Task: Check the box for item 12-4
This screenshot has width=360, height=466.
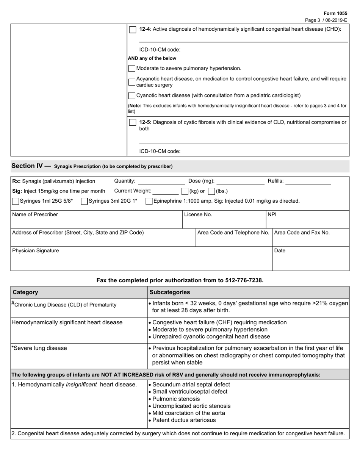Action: [x=133, y=30]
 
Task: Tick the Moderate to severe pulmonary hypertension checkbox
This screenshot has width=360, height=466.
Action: [x=132, y=69]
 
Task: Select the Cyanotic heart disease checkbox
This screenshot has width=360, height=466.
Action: [x=132, y=95]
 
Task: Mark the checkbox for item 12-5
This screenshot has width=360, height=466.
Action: [x=133, y=122]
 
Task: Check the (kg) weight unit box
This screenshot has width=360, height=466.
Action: [x=185, y=191]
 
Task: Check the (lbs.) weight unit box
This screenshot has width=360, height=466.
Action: [x=211, y=191]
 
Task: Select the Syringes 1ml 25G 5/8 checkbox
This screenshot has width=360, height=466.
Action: [x=16, y=201]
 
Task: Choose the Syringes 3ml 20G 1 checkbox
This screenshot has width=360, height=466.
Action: [x=84, y=201]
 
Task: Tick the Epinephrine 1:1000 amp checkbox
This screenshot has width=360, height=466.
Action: [x=149, y=201]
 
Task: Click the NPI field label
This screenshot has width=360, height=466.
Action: [x=272, y=214]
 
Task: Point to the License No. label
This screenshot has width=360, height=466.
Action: [x=198, y=214]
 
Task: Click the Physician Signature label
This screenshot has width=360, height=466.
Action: [x=36, y=250]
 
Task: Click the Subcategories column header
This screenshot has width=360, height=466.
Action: [x=170, y=292]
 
